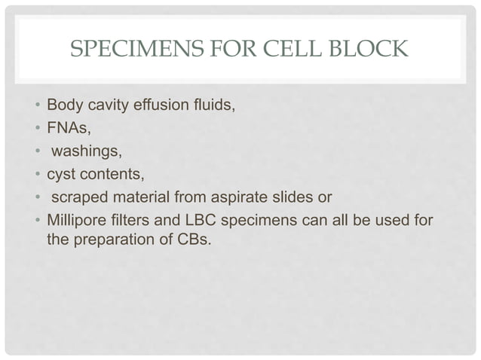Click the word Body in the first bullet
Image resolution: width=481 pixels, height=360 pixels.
click(x=63, y=104)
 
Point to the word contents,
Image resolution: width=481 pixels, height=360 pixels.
click(x=110, y=175)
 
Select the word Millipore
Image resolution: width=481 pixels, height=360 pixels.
click(x=76, y=223)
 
